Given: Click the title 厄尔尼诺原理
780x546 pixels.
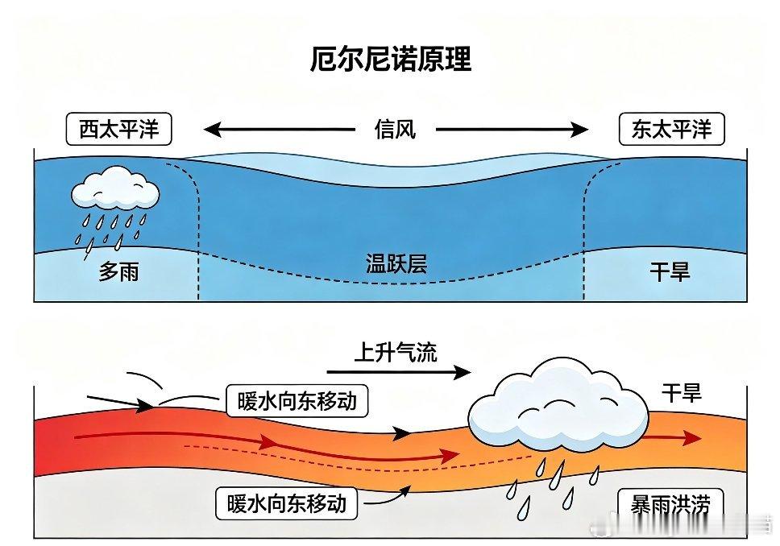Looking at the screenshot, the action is pos(391,59).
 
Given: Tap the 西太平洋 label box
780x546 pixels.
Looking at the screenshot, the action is pos(119,130).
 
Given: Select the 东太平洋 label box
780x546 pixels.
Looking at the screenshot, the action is pos(671,130).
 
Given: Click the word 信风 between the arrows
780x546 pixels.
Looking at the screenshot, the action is pos(395,130).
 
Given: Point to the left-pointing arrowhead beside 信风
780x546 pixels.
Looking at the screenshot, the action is pos(212,130).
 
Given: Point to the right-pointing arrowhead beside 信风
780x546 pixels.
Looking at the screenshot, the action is pos(580,130).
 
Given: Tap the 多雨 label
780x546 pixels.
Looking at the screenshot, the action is pos(118,272).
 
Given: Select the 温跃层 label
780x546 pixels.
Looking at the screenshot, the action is pos(396,263).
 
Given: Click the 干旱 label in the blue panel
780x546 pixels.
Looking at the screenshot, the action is pos(670,272).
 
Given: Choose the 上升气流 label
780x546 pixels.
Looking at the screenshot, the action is pos(396,353).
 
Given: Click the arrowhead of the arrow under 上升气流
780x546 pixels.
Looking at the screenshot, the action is pos(463,372).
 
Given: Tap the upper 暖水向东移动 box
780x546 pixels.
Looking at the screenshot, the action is pos(297,400).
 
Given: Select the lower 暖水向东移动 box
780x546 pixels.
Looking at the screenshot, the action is pos(287,503).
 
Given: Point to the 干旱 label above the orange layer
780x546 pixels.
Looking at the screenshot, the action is pos(682,393).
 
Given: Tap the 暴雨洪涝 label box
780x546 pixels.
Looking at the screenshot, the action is pos(670,506).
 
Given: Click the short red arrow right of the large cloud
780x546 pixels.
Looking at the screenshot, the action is pos(674,438).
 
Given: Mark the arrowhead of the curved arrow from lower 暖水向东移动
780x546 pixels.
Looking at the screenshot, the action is pos(405,491).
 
